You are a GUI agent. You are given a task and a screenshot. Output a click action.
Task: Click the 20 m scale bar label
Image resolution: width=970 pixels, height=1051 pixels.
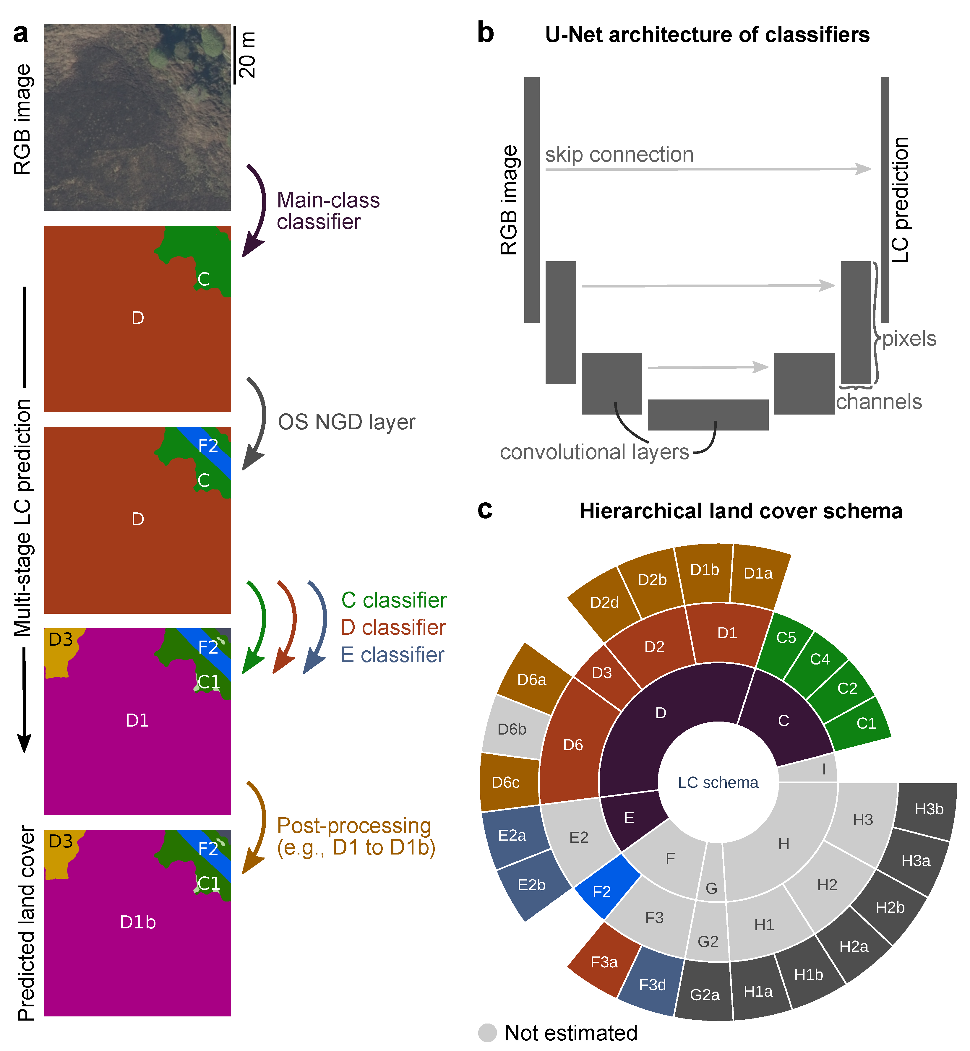(x=247, y=55)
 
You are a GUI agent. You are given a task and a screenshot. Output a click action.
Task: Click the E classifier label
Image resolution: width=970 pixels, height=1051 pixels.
(x=392, y=655)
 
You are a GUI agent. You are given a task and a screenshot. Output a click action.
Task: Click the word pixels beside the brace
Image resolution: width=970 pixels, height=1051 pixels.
(x=909, y=339)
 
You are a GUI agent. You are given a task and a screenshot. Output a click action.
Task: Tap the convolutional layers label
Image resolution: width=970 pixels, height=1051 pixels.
(x=594, y=452)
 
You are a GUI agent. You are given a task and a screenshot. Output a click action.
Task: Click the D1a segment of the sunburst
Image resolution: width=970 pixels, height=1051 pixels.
(x=758, y=574)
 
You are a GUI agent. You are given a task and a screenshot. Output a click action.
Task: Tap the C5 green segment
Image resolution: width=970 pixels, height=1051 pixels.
(x=786, y=638)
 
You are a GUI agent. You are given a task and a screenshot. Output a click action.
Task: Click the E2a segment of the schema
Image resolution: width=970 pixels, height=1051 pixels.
(x=512, y=835)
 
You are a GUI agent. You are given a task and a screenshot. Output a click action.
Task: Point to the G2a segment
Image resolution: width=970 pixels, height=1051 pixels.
(x=704, y=994)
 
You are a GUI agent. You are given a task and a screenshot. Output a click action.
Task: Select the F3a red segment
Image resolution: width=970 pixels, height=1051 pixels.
(x=604, y=962)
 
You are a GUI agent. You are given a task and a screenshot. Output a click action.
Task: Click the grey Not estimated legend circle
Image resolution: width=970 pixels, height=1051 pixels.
(x=487, y=1033)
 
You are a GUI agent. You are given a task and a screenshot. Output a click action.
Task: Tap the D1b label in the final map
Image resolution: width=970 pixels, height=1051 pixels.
(x=137, y=922)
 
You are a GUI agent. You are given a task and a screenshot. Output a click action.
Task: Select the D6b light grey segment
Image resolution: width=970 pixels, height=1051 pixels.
(x=512, y=729)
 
